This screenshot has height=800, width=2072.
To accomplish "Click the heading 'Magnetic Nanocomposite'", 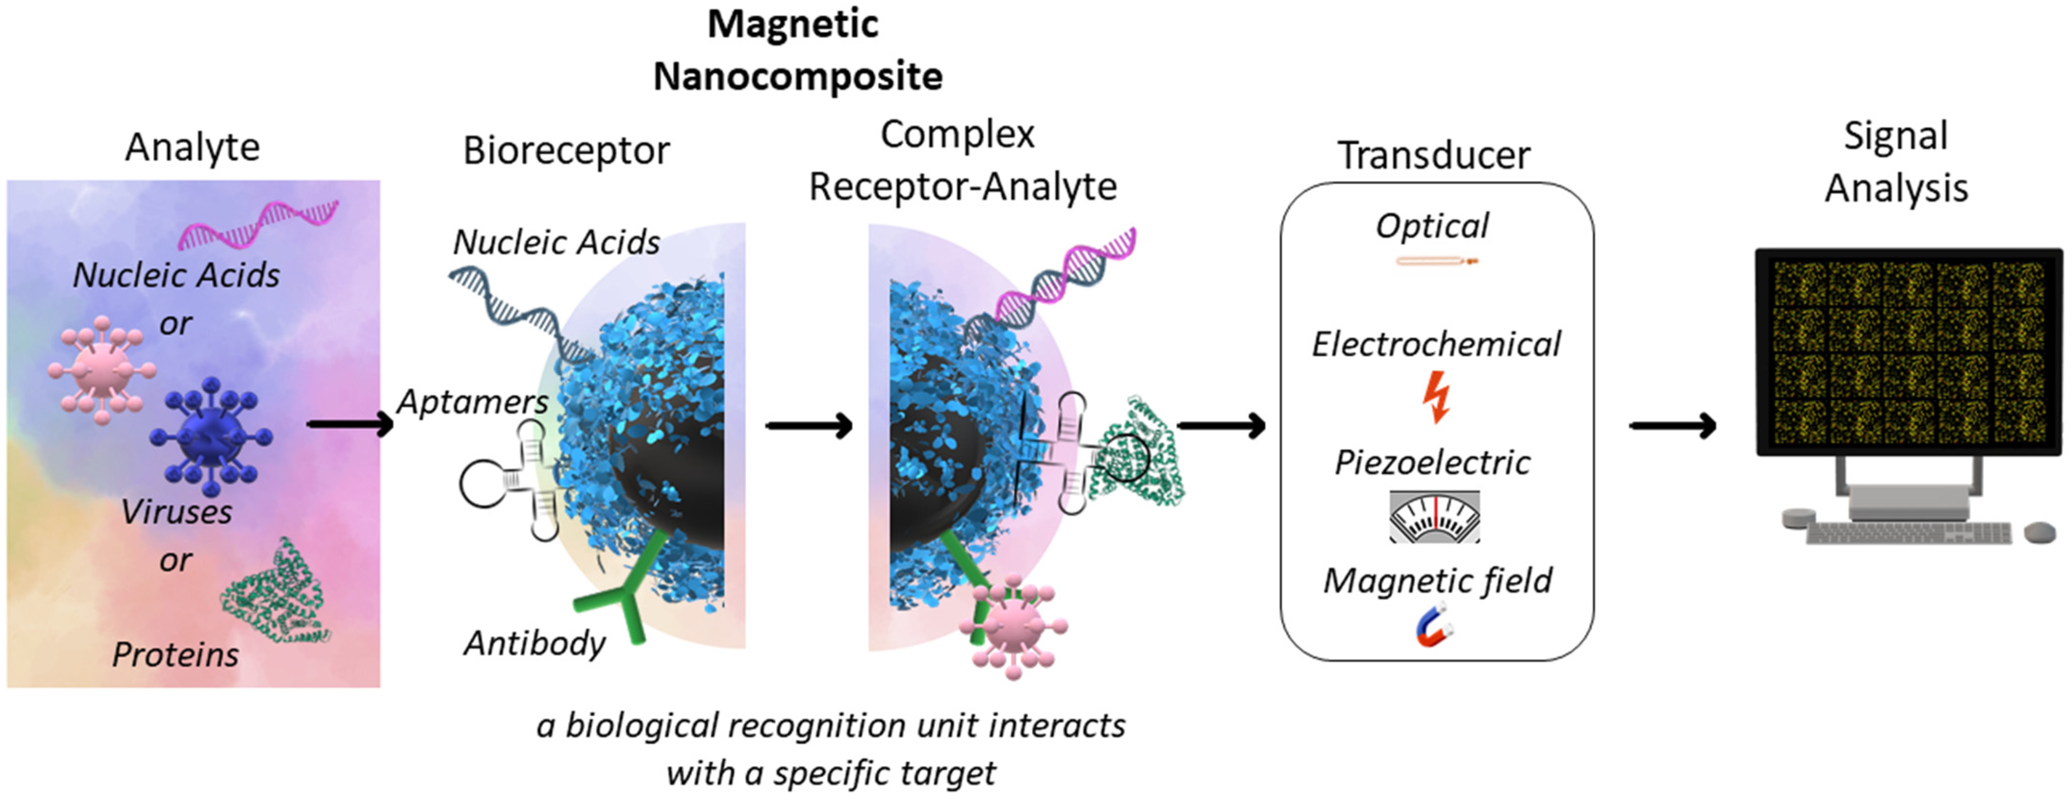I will [x=796, y=50].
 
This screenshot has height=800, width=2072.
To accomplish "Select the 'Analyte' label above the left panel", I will [x=192, y=147].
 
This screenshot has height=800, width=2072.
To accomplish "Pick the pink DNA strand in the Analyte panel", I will [x=257, y=225].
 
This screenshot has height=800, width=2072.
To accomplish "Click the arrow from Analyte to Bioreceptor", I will [x=349, y=424].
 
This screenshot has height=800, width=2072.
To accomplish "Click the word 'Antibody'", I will [x=534, y=643].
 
